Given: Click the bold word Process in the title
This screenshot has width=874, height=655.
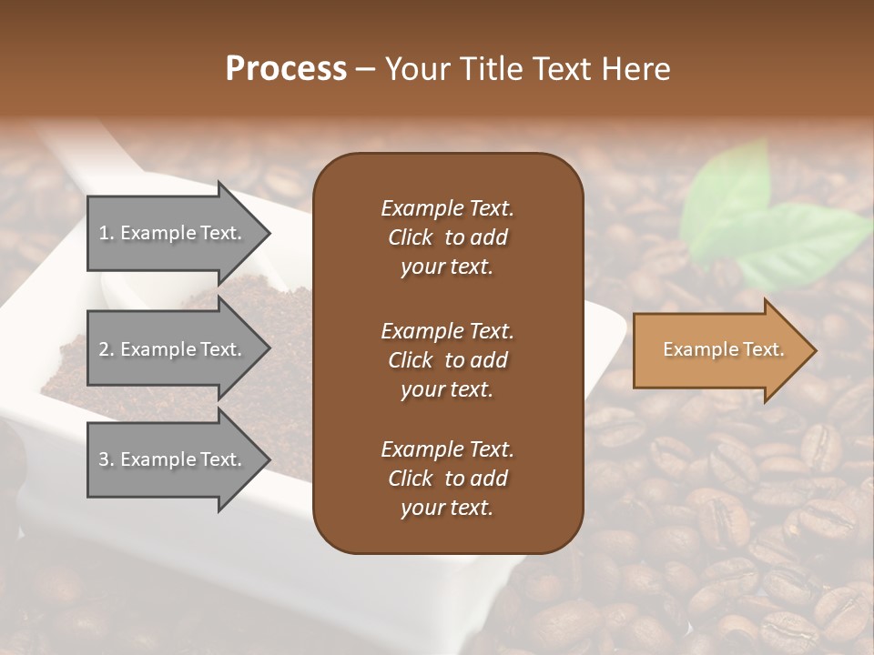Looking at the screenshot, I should tap(286, 69).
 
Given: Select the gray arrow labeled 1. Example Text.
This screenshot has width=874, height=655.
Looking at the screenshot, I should tap(173, 233).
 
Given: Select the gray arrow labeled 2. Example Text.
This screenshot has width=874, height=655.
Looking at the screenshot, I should tap(173, 349).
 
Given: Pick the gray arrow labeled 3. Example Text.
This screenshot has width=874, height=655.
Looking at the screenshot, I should tap(173, 459).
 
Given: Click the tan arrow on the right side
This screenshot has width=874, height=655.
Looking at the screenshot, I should tap(719, 349).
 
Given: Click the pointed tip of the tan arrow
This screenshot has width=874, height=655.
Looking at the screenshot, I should tap(812, 350).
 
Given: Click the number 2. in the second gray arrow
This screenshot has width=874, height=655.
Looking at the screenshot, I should tap(107, 349).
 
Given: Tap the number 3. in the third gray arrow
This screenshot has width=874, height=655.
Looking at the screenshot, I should tap(107, 459).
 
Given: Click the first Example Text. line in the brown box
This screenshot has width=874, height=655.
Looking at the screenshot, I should tap(447, 208).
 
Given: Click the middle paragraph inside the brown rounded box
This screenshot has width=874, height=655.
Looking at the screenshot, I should tap(447, 360).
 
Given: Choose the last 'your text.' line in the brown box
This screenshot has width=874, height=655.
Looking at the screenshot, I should tap(447, 509).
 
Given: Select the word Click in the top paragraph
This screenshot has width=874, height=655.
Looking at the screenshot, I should tap(410, 237).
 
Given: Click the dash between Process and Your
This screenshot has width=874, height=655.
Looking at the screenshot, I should tap(366, 70).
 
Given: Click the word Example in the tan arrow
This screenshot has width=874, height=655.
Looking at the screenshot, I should tap(696, 349).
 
